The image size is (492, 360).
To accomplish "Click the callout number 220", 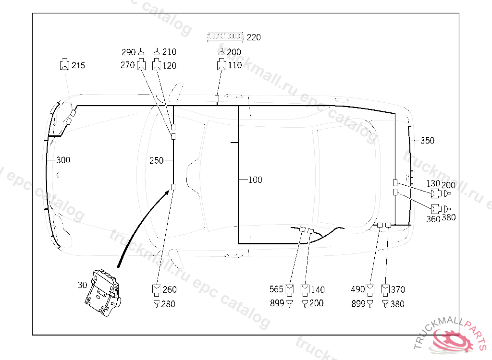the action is coord(254,37).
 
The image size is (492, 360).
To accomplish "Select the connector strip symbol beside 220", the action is coord(225,36).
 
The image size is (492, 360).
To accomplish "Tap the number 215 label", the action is coord(78,65).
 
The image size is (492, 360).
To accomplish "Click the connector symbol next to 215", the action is coord(65,64).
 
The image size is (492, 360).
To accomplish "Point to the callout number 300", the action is coord(63,160).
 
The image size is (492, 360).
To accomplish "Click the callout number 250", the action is coord(156,160).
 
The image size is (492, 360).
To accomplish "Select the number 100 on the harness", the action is coord(255,180).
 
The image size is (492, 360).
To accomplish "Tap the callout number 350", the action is coord(427,140).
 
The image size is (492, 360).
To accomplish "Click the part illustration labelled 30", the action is coord(103,293).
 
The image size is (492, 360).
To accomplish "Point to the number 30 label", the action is coord(82,285).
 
